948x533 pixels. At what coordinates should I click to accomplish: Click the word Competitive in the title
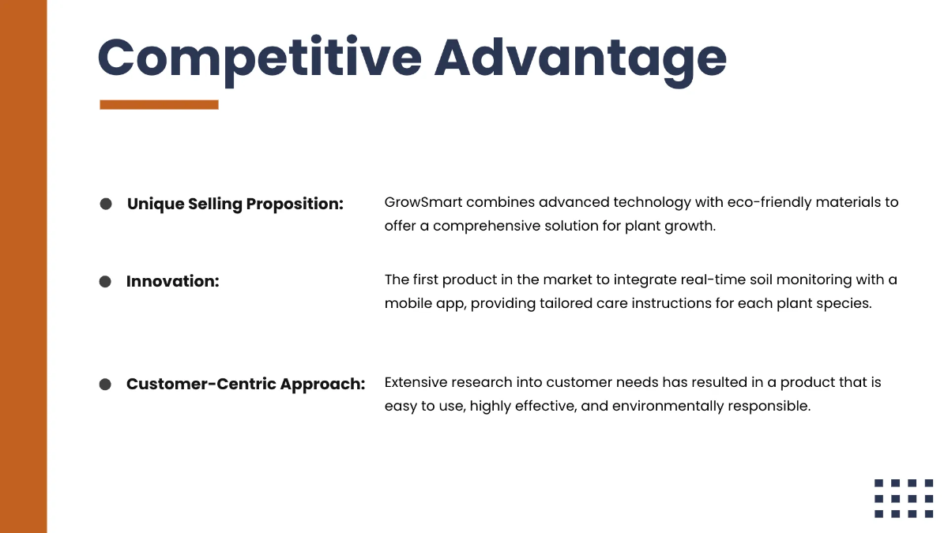[258, 58]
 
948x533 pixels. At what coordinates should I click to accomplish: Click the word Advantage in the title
[581, 58]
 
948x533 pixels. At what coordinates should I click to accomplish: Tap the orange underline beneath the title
[159, 104]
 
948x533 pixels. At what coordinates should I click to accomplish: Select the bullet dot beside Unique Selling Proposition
[106, 204]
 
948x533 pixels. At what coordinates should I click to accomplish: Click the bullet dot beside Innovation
[106, 282]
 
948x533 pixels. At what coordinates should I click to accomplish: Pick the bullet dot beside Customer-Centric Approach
[106, 385]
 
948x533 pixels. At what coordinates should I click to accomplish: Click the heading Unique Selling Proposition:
[235, 204]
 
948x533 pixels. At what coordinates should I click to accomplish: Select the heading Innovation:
[172, 281]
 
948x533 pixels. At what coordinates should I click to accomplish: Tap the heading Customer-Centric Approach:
[246, 385]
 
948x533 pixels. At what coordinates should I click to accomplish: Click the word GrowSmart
[423, 202]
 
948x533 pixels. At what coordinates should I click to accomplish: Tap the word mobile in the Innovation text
[408, 303]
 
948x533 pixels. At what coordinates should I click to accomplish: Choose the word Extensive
[416, 382]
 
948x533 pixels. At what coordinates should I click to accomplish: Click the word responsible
[770, 406]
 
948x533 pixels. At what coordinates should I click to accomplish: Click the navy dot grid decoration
[904, 498]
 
